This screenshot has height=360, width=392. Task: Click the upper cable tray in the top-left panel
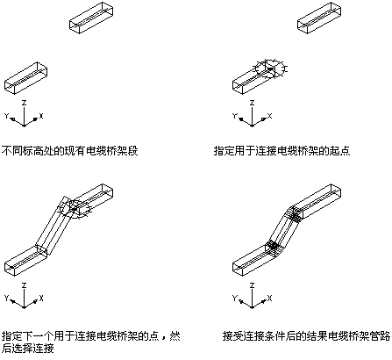tap(91, 18)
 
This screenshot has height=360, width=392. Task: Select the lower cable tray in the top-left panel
tap(25, 78)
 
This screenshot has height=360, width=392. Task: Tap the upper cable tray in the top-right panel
tap(319, 18)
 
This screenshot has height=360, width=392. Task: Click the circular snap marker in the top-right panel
tap(270, 69)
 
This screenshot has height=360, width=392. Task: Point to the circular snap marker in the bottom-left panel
tap(75, 209)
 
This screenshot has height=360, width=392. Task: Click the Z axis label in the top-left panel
tap(25, 103)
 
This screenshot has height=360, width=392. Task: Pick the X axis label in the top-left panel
tap(41, 116)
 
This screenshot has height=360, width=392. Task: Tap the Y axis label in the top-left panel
tap(6, 116)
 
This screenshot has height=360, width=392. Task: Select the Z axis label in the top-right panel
tap(252, 103)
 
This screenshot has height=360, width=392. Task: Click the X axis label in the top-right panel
tap(269, 116)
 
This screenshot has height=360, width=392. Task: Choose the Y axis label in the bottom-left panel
tap(6, 299)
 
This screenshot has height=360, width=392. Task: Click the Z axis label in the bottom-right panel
tap(252, 285)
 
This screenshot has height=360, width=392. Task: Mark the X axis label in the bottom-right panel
tap(269, 299)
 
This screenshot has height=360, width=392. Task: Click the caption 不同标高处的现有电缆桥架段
tap(70, 151)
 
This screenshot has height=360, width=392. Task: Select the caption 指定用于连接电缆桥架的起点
tap(282, 151)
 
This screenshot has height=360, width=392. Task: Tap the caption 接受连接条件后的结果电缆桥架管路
tap(306, 336)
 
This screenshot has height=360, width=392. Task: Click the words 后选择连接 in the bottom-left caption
tap(28, 349)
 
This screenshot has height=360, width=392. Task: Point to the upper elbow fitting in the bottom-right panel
tap(294, 214)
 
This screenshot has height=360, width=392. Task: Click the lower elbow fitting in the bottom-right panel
tap(274, 248)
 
